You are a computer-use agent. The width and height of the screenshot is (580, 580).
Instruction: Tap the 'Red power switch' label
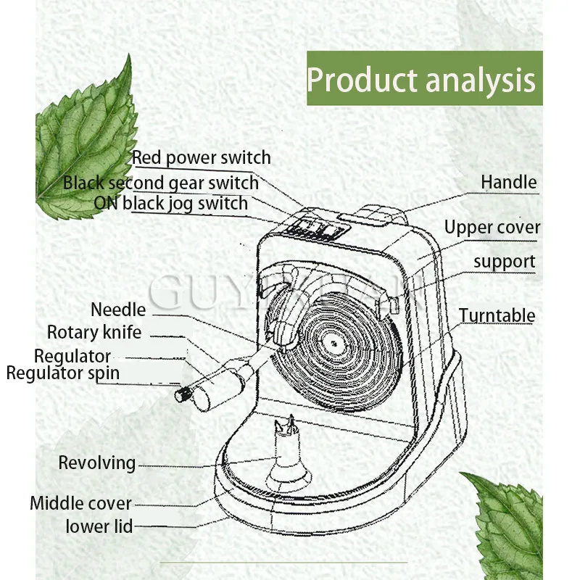201,157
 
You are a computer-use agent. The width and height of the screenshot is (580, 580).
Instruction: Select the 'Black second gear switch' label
160,183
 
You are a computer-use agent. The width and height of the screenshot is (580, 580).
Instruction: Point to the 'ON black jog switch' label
171,203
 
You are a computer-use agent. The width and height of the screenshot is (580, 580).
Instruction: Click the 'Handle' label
509,182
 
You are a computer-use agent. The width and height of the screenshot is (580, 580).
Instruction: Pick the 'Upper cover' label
492,228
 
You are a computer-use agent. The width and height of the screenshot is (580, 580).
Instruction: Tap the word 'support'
505,261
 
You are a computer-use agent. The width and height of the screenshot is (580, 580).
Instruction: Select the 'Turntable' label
497,315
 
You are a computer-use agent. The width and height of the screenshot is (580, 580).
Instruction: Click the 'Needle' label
118,310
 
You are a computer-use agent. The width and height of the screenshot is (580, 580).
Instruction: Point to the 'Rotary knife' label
94,333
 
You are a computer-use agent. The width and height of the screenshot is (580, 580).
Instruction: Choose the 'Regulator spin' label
63,373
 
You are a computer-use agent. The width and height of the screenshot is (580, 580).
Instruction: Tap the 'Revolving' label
97,463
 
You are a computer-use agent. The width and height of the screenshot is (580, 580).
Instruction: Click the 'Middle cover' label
80,503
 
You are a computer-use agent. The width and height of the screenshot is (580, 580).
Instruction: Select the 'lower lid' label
99,526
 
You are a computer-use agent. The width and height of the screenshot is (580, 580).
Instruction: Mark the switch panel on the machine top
316,230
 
